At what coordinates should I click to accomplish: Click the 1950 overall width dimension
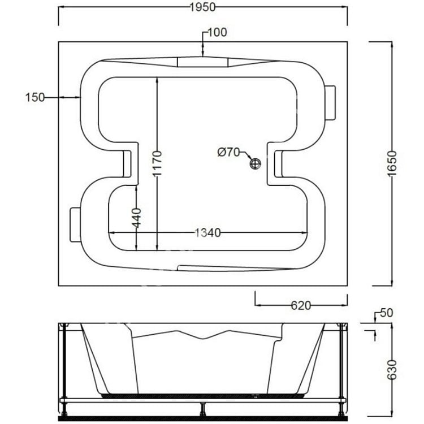[203, 7]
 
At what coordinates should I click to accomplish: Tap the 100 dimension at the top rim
[217, 32]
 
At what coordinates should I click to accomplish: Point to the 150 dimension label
[34, 98]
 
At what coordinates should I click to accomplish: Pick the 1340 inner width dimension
[207, 232]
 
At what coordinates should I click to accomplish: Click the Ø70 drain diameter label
[229, 152]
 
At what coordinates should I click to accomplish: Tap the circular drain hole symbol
[256, 164]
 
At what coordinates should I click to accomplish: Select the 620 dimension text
[301, 305]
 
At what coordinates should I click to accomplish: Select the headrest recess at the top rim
[203, 61]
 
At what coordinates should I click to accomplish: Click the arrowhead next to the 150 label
[76, 98]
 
